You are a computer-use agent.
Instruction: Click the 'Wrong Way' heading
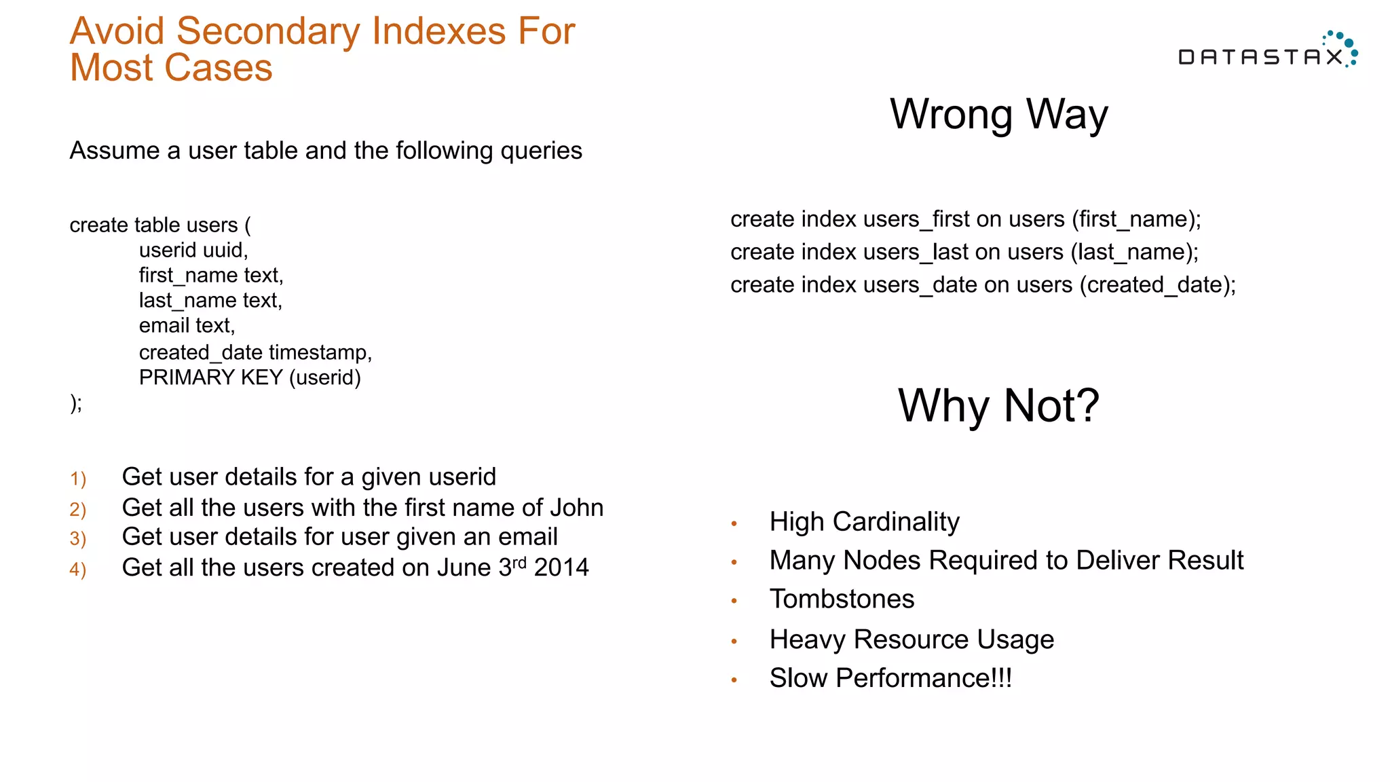click(x=998, y=114)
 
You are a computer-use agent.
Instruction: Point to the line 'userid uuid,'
click(x=193, y=250)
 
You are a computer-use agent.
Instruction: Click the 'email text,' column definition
click(x=187, y=326)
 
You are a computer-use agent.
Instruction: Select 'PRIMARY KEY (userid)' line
click(x=250, y=377)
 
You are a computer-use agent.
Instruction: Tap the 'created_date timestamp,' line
click(x=255, y=352)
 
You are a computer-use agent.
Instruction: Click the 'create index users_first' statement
click(x=965, y=219)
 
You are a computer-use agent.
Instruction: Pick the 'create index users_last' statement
click(x=964, y=252)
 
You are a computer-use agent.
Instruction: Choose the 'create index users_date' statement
click(x=983, y=284)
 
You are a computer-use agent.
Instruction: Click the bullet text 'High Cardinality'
click(x=864, y=522)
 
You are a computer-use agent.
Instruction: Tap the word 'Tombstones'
click(x=842, y=599)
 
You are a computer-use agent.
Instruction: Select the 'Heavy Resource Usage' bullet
click(x=912, y=639)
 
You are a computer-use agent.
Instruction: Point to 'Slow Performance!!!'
click(x=890, y=678)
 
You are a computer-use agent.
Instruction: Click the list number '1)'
click(x=78, y=479)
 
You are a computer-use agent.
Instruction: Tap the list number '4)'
click(x=78, y=570)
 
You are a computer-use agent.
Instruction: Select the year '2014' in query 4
click(x=561, y=567)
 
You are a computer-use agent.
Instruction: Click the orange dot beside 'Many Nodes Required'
click(x=734, y=562)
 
